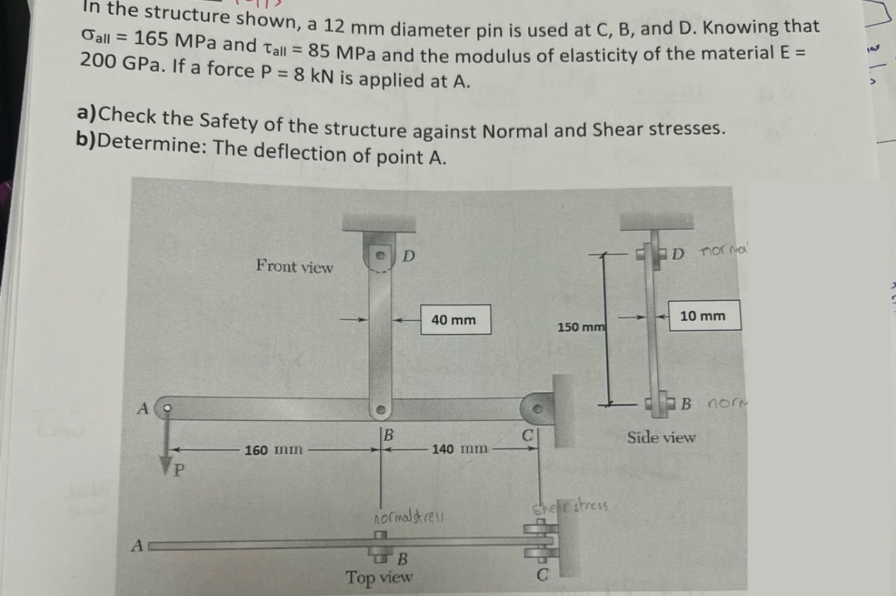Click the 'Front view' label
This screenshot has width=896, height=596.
pyautogui.click(x=294, y=266)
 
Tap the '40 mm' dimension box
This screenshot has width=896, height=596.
pyautogui.click(x=453, y=320)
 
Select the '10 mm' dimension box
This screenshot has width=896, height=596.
pyautogui.click(x=703, y=316)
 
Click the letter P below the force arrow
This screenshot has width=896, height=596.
pyautogui.click(x=179, y=471)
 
